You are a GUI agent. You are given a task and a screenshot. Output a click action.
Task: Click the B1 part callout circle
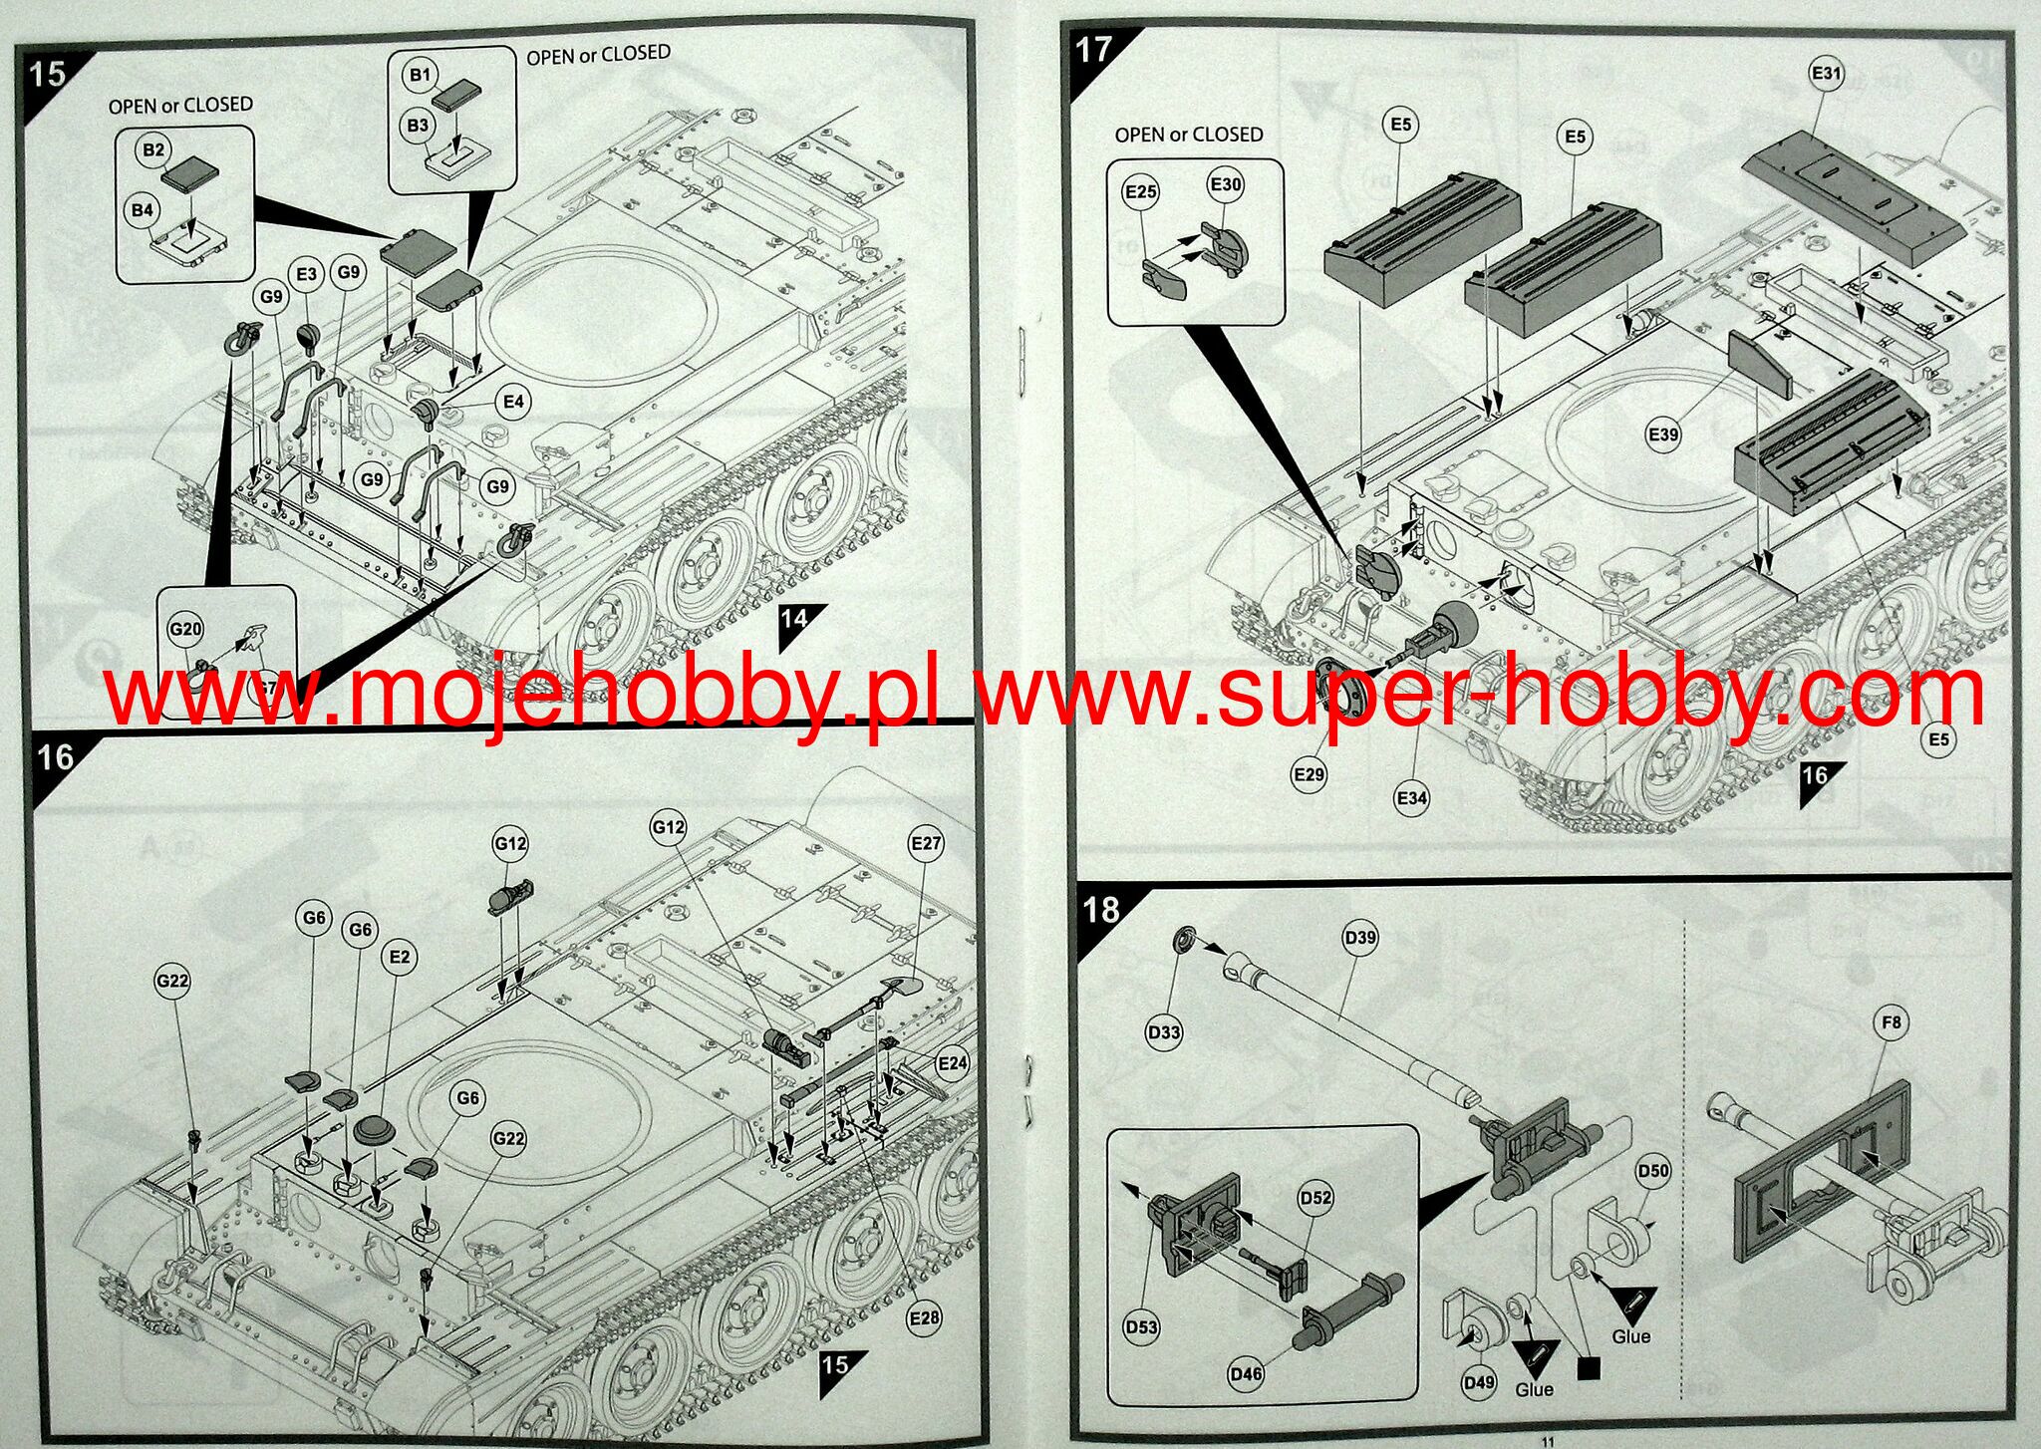(x=420, y=75)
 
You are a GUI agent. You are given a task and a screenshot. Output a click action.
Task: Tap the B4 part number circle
(x=143, y=210)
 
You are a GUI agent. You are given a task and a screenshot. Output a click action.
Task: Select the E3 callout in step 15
(x=306, y=274)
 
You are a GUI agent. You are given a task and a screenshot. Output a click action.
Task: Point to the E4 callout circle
(x=513, y=402)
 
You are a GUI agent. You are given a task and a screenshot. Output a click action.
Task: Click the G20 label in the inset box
(x=185, y=629)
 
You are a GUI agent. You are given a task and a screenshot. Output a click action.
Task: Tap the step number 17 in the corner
(x=1093, y=50)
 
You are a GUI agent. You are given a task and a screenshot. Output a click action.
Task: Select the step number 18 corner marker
(x=1101, y=909)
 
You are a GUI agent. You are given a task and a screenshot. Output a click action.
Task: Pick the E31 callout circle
(x=1827, y=74)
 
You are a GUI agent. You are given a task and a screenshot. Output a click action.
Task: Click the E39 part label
(x=1663, y=435)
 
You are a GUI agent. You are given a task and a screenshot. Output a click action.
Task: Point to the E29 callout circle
(x=1309, y=774)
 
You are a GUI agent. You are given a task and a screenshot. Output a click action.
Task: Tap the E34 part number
(x=1412, y=797)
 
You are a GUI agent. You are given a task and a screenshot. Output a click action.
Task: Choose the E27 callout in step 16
(x=926, y=843)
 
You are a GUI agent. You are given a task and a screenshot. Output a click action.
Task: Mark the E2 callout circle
(x=400, y=957)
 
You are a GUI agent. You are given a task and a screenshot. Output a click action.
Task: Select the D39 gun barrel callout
(x=1360, y=938)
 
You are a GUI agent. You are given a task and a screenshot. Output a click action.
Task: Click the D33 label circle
(x=1164, y=1032)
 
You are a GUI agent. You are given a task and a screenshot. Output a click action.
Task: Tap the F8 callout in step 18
(x=1892, y=1022)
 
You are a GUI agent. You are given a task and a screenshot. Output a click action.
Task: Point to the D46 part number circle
(x=1246, y=1374)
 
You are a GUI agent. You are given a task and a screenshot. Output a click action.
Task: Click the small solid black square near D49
(x=1589, y=1369)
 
